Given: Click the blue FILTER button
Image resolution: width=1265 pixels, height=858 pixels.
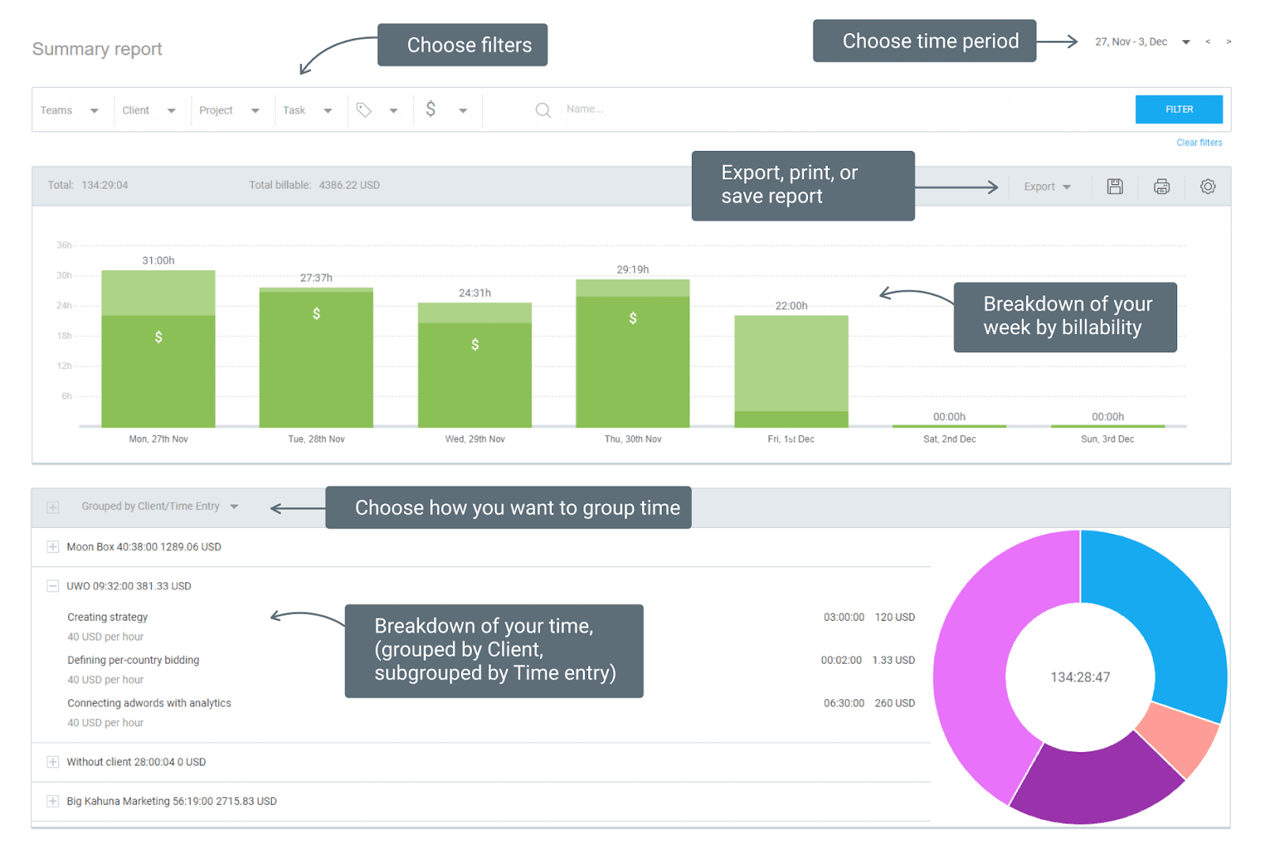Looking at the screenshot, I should (x=1178, y=109).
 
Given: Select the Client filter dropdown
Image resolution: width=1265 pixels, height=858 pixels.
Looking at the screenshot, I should (x=148, y=111).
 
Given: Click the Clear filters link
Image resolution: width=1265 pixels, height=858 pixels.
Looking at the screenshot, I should (x=1199, y=143).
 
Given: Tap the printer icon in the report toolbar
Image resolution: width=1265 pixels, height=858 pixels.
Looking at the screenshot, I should (x=1161, y=186).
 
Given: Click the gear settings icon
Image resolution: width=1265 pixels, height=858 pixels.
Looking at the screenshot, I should (x=1207, y=186).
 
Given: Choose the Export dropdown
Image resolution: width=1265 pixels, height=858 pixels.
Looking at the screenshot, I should (x=1047, y=187).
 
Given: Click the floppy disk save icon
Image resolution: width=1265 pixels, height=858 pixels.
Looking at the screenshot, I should (x=1115, y=186).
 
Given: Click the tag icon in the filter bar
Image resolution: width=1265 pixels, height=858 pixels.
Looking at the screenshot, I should (x=364, y=110).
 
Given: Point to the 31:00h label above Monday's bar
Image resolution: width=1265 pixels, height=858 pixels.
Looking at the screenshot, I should (x=158, y=261).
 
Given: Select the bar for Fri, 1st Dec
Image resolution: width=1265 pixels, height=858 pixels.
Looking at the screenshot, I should (x=791, y=371).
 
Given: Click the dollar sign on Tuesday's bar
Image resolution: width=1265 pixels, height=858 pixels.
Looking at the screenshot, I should (x=316, y=314).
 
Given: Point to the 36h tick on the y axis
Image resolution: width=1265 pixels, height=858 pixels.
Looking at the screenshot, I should (x=64, y=246).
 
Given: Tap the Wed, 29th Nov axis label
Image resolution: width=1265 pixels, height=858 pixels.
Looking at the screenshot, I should (x=474, y=439).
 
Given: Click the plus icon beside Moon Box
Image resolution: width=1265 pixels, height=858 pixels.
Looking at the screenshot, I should (x=53, y=547).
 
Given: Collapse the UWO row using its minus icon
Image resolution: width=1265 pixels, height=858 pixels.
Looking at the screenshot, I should (x=53, y=586).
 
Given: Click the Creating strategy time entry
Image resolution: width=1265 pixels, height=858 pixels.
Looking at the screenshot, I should (x=108, y=617).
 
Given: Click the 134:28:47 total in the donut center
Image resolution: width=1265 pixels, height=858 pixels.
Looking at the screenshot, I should (x=1080, y=677).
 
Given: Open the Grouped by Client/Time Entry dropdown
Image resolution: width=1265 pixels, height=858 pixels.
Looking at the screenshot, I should (x=159, y=506).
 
